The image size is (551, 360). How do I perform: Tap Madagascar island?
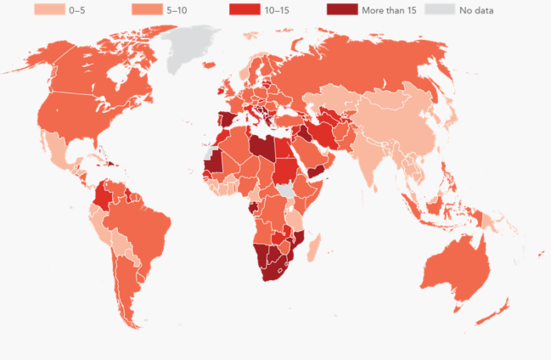click(x=315, y=249)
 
